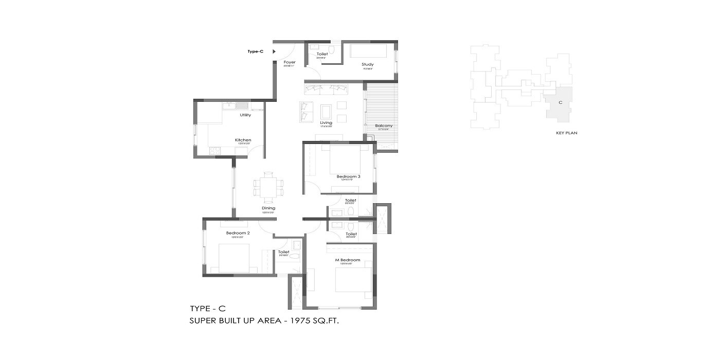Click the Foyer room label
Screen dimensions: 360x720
pos(290,62)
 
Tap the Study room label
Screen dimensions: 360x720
pos(367,64)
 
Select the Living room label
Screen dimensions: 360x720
pos(326,123)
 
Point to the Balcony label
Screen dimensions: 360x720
pos(384,125)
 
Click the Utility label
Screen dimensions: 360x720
pos(245,115)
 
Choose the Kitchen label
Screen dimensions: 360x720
pos(243,140)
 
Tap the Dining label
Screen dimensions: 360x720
pos(268,208)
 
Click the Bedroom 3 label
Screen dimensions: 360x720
pos(349,176)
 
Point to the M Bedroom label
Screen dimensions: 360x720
pos(348,260)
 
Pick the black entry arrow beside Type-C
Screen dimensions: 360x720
pos(274,51)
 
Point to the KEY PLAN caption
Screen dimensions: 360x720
pos(567,133)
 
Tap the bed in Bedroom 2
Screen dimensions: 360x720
pos(235,258)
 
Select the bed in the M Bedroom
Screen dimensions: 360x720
pos(352,282)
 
